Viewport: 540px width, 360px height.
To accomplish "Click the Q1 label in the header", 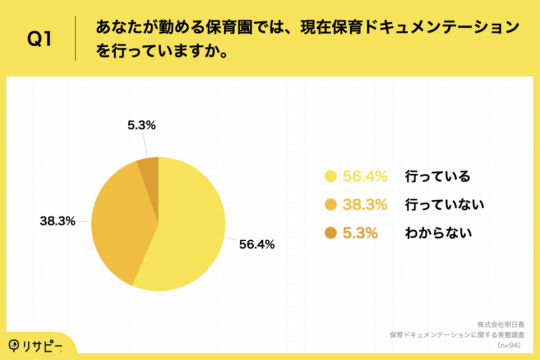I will coord(40,40).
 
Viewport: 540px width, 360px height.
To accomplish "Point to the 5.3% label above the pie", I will coord(141,126).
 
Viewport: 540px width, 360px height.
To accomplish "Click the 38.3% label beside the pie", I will coord(57,221).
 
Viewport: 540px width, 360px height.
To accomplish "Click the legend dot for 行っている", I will coord(331,176).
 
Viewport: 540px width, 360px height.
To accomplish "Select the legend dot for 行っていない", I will coord(331,205).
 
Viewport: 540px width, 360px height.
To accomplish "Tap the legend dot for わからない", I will coord(331,233).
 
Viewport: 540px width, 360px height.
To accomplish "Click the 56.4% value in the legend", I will coord(365,176).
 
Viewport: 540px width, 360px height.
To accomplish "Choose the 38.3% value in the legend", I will coord(365,205).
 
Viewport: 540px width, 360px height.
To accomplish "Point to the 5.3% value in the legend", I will coord(360,233).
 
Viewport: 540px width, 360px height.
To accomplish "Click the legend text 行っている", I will coord(437,176).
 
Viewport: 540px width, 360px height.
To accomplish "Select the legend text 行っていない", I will coord(445,205).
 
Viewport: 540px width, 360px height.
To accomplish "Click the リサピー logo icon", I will coord(15,345).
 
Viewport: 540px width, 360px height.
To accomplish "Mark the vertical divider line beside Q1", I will coord(75,38).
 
